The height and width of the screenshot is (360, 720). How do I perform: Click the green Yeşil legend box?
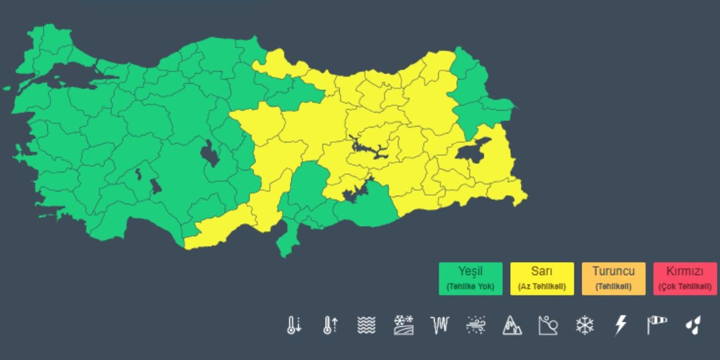(470, 278)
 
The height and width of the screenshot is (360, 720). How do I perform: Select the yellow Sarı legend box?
(542, 278)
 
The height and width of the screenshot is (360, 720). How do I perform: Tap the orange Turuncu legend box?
(613, 278)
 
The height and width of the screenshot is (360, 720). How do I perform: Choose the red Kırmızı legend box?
(685, 278)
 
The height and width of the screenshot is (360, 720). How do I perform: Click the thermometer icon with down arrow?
(294, 325)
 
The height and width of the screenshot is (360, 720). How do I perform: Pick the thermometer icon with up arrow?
(330, 325)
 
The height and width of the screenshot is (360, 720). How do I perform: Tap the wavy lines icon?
(366, 325)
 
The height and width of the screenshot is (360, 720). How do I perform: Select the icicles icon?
(439, 325)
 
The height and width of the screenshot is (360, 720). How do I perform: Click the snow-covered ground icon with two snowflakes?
(403, 325)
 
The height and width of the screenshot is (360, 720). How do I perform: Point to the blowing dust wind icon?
(476, 325)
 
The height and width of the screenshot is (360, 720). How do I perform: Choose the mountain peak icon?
(512, 325)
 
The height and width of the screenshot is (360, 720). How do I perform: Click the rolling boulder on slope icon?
(548, 325)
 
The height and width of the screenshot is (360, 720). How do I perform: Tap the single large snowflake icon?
(584, 325)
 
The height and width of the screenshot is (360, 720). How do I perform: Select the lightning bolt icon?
(620, 325)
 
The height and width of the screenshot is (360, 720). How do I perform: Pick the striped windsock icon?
(657, 325)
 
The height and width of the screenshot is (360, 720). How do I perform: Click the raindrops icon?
(693, 325)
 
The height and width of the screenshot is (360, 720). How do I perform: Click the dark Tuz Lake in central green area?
(210, 152)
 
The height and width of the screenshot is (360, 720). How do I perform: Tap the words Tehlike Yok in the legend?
(470, 286)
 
